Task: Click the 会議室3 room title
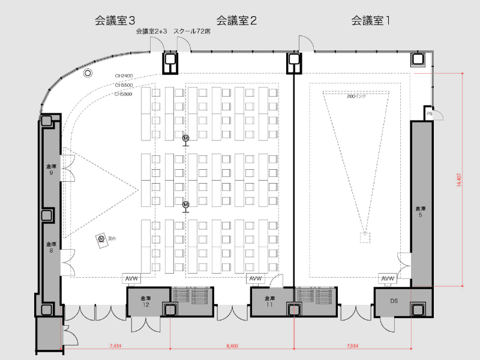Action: (115, 21)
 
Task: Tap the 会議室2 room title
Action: (236, 21)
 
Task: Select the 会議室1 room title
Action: (371, 21)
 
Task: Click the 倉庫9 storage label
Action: (51, 169)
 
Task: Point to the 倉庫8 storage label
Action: (51, 247)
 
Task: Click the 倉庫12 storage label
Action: (145, 301)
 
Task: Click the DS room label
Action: (394, 301)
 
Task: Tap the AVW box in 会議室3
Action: (131, 278)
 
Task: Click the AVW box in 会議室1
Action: (388, 278)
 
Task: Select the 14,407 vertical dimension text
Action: (459, 181)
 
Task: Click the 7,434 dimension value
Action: (116, 346)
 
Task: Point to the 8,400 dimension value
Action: (232, 346)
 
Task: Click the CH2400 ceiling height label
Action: (124, 76)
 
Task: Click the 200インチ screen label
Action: (357, 95)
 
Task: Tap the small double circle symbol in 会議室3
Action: (88, 73)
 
